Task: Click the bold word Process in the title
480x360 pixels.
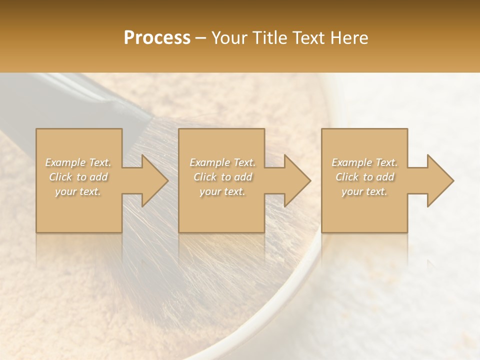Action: pos(157,38)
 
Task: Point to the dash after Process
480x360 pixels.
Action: pos(201,38)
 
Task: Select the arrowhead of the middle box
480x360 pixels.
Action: pos(296,180)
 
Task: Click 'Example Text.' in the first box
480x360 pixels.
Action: pos(78,162)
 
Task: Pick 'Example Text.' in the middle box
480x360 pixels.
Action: pos(222,162)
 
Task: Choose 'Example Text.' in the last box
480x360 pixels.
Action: pos(364,162)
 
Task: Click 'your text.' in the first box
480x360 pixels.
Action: pos(78,191)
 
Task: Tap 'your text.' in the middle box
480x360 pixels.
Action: pos(222,191)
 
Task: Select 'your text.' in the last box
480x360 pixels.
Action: pos(364,191)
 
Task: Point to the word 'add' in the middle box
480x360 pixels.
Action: pos(242,177)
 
